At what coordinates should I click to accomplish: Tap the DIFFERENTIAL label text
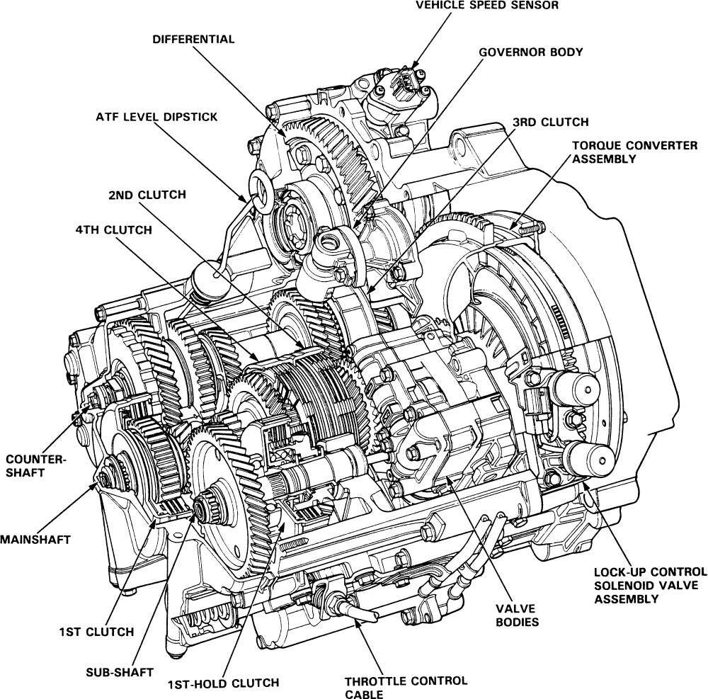[x=193, y=39]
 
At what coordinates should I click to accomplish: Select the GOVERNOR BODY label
[x=531, y=52]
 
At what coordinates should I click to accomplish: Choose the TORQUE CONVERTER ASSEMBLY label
[x=625, y=152]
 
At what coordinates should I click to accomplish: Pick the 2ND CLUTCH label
[x=147, y=195]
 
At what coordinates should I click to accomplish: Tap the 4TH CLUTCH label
[x=114, y=230]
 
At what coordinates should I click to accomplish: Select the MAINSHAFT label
[x=35, y=540]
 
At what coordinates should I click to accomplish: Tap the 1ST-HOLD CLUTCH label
[x=223, y=683]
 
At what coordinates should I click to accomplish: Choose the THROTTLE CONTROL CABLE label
[x=406, y=687]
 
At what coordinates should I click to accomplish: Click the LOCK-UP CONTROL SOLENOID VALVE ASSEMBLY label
[x=650, y=584]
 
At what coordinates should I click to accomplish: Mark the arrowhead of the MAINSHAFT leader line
[x=98, y=484]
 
